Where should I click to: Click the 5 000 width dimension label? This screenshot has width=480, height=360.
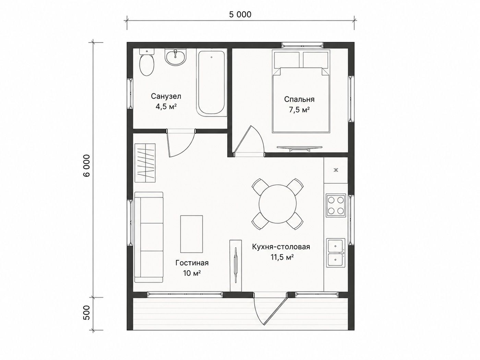pyautogui.click(x=240, y=14)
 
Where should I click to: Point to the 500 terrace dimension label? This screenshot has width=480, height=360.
pyautogui.click(x=87, y=312)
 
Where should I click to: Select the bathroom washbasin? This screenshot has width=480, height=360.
pyautogui.click(x=176, y=57)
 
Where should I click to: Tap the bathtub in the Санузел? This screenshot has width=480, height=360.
pyautogui.click(x=212, y=83)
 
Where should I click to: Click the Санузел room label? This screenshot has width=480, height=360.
pyautogui.click(x=166, y=96)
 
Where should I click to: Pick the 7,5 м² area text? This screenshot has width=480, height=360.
pyautogui.click(x=299, y=110)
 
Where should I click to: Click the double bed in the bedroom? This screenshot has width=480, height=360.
pyautogui.click(x=301, y=91)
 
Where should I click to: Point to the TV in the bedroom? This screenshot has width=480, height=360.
pyautogui.click(x=299, y=148)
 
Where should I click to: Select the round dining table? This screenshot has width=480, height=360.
pyautogui.click(x=277, y=204)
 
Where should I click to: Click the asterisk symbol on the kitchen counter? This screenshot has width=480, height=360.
pyautogui.click(x=336, y=170)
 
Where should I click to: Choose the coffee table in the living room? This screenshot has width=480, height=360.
pyautogui.click(x=191, y=234)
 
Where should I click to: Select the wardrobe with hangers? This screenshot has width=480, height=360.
pyautogui.click(x=145, y=163)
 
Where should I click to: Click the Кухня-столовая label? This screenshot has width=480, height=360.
pyautogui.click(x=281, y=247)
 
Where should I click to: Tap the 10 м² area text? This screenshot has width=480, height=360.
pyautogui.click(x=192, y=273)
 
